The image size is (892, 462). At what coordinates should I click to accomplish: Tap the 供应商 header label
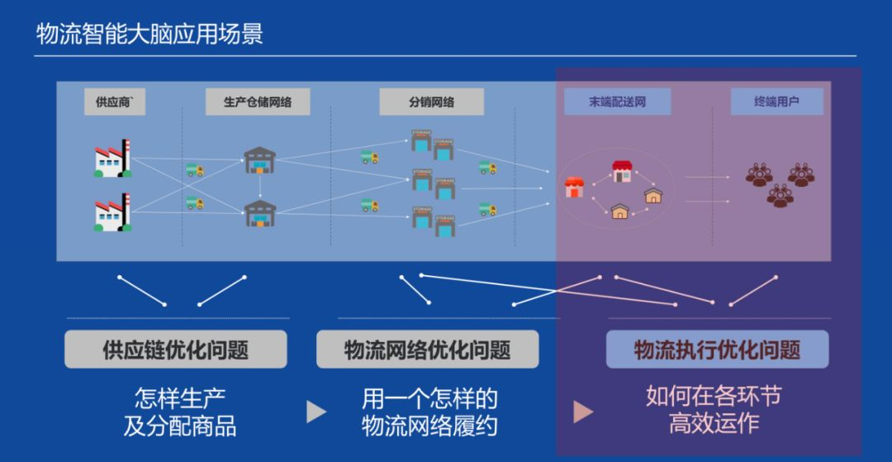coord(114,102)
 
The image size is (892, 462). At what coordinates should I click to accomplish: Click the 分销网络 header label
coord(431,102)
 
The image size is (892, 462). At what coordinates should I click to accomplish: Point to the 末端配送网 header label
coord(617,102)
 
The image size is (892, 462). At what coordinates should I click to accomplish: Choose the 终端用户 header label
coord(776,102)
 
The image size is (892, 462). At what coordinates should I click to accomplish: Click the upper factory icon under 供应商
coord(112,159)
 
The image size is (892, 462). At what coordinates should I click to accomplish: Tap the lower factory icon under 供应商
coord(112,212)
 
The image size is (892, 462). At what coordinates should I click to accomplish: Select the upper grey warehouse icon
coord(259,160)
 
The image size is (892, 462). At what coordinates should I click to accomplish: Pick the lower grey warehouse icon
coord(259,213)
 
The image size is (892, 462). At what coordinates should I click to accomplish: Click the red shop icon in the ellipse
coord(573,188)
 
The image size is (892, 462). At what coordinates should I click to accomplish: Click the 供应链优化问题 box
coord(176,350)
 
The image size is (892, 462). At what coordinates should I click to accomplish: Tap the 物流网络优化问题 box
coord(427,350)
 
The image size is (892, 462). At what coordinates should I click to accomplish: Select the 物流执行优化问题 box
coord(717,350)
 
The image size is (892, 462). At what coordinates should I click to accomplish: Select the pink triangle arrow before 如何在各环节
coord(583,412)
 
